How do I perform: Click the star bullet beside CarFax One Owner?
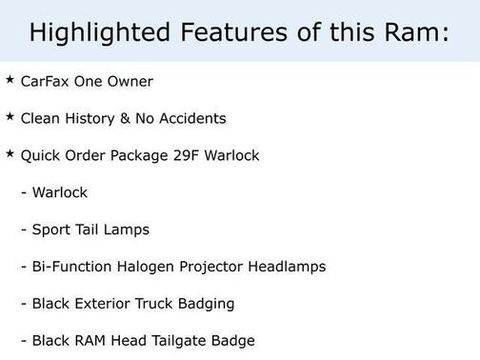click(x=10, y=79)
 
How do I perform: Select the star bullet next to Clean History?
click(x=10, y=116)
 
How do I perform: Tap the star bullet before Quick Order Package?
click(x=10, y=153)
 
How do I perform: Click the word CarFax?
click(x=46, y=82)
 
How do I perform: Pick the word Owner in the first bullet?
click(x=130, y=82)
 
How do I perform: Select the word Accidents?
click(x=193, y=119)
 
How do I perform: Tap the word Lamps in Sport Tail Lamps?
click(x=129, y=230)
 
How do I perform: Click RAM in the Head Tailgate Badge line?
click(x=91, y=340)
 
